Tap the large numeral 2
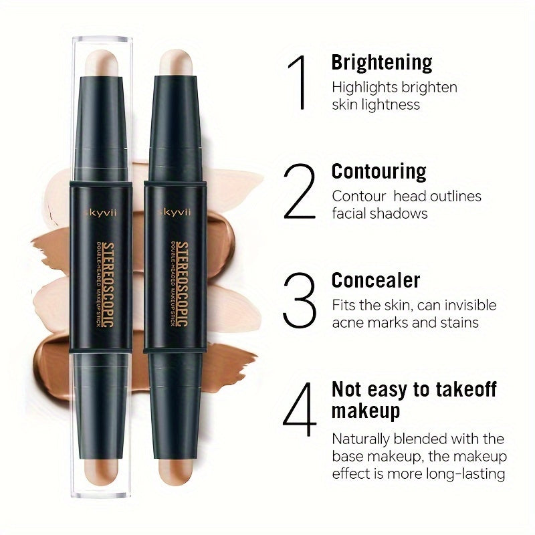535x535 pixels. [x=299, y=192]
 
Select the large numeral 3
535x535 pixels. [x=298, y=300]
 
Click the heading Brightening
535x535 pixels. [x=382, y=63]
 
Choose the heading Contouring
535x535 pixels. [x=379, y=171]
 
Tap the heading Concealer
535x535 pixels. [x=376, y=280]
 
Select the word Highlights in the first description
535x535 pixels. [x=364, y=87]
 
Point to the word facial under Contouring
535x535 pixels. [x=351, y=213]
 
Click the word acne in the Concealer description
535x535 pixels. [x=347, y=322]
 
